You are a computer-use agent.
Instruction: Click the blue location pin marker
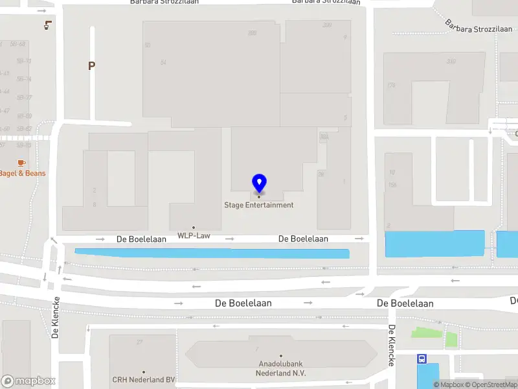(x=259, y=183)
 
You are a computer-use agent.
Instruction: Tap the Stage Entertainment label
(x=259, y=205)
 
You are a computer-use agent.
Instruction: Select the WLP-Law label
(x=193, y=235)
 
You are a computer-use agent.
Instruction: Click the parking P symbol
(x=92, y=65)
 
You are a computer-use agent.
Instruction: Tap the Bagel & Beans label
(x=22, y=173)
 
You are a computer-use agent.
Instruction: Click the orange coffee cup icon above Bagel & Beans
(x=21, y=162)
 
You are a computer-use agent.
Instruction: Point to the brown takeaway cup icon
(x=47, y=25)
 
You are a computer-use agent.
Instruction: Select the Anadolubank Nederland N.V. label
(x=282, y=368)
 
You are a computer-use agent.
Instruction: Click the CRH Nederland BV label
(x=144, y=380)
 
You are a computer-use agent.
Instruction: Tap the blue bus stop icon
(x=422, y=358)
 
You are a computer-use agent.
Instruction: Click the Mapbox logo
(x=28, y=381)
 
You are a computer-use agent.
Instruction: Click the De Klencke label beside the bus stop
(x=391, y=345)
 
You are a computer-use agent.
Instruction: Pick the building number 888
(x=252, y=33)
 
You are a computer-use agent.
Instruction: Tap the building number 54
(x=163, y=62)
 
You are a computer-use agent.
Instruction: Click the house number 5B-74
(x=24, y=79)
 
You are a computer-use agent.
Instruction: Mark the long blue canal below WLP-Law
(x=212, y=253)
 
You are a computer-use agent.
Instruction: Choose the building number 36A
(x=324, y=137)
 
